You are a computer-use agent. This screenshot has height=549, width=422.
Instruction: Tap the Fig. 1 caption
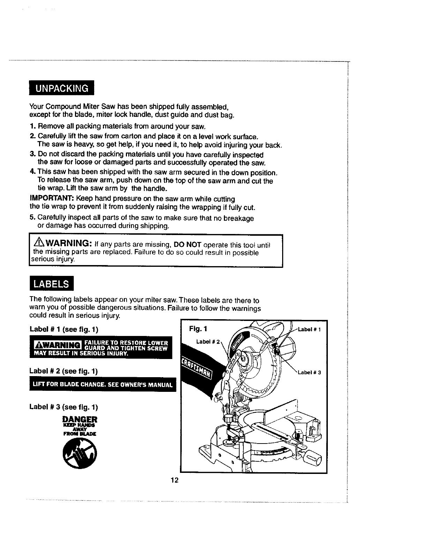tap(198, 329)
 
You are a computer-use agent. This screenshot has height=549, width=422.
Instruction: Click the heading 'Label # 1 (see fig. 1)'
tap(64, 329)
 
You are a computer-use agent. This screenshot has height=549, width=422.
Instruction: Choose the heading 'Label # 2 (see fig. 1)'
tap(64, 371)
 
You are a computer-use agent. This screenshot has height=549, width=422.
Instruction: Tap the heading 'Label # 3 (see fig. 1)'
tap(64, 407)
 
